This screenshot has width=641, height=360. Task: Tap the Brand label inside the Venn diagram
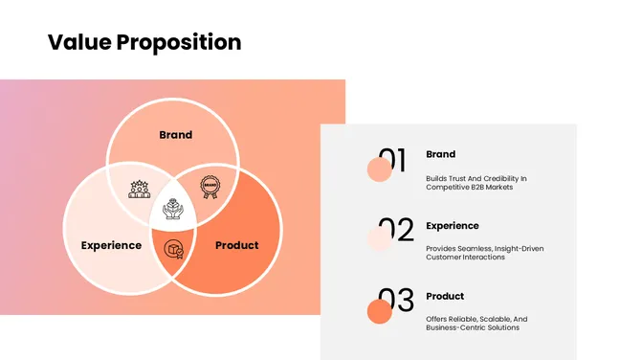175,135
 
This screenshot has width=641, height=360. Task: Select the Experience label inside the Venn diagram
111,245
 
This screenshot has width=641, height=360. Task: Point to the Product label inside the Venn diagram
236,245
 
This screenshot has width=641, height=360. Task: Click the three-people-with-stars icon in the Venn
140,188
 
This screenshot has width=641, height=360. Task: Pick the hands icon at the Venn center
173,210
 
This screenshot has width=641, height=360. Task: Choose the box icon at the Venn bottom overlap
173,250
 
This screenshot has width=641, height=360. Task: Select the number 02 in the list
395,231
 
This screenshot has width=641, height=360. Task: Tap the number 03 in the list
395,302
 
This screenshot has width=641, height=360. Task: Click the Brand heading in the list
440,154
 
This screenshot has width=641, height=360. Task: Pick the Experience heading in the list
453,226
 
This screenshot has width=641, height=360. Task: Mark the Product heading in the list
445,296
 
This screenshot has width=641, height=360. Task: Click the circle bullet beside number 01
380,169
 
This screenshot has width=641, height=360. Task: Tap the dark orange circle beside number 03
380,311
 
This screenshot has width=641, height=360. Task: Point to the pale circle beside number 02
380,239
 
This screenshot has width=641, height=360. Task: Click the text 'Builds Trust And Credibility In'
476,178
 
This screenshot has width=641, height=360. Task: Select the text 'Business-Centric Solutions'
473,327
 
